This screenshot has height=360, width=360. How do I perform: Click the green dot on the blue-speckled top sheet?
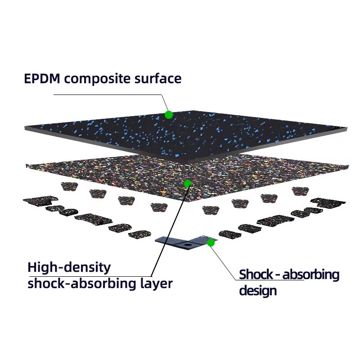(x=169, y=115)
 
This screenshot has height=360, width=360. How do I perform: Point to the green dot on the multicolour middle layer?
(x=189, y=184)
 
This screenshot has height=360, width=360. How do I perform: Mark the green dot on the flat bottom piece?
(x=210, y=243)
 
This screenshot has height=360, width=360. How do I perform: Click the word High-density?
(x=69, y=268)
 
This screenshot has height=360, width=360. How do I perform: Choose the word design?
(x=257, y=291)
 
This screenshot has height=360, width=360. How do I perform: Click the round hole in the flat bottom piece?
(x=184, y=245)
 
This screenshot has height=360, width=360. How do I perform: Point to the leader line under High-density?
(x=90, y=276)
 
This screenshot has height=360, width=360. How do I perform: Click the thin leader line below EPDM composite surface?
(x=108, y=95)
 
